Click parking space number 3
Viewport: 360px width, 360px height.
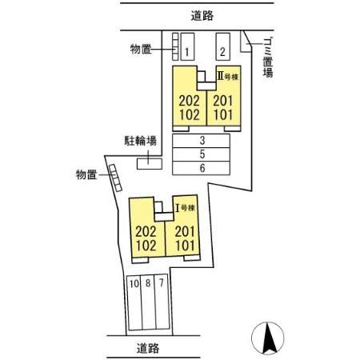[x=203, y=139]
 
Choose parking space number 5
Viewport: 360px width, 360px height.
[x=203, y=154]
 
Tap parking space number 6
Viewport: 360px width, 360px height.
[x=203, y=168]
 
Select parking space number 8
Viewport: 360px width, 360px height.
[x=147, y=282]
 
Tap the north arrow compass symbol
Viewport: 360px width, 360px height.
[x=270, y=336]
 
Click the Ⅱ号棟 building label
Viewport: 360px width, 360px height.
[x=230, y=78]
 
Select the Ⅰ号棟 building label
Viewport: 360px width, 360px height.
[x=186, y=207]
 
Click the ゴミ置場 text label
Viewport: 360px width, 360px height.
[x=267, y=58]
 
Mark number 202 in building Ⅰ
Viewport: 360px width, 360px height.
[x=147, y=231]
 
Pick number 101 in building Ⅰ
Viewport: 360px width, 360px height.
[x=185, y=246]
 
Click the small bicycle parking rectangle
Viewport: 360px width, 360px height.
[x=148, y=163]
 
